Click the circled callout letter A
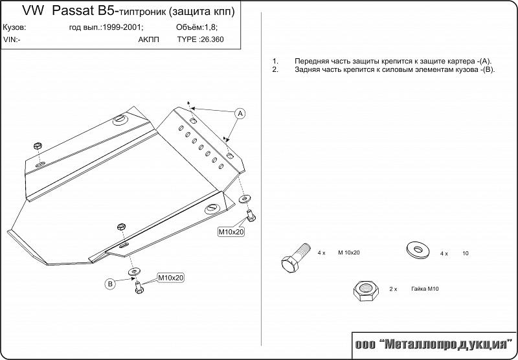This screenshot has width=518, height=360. coord(239,114)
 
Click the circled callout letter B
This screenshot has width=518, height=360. coord(110,283)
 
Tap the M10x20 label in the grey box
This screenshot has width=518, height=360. coord(231,232)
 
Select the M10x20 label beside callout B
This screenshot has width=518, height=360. coord(171,278)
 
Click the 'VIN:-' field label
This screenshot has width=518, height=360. coord(12,39)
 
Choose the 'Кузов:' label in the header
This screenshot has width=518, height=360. coord(14,28)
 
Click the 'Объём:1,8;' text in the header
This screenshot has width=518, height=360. coord(196,28)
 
